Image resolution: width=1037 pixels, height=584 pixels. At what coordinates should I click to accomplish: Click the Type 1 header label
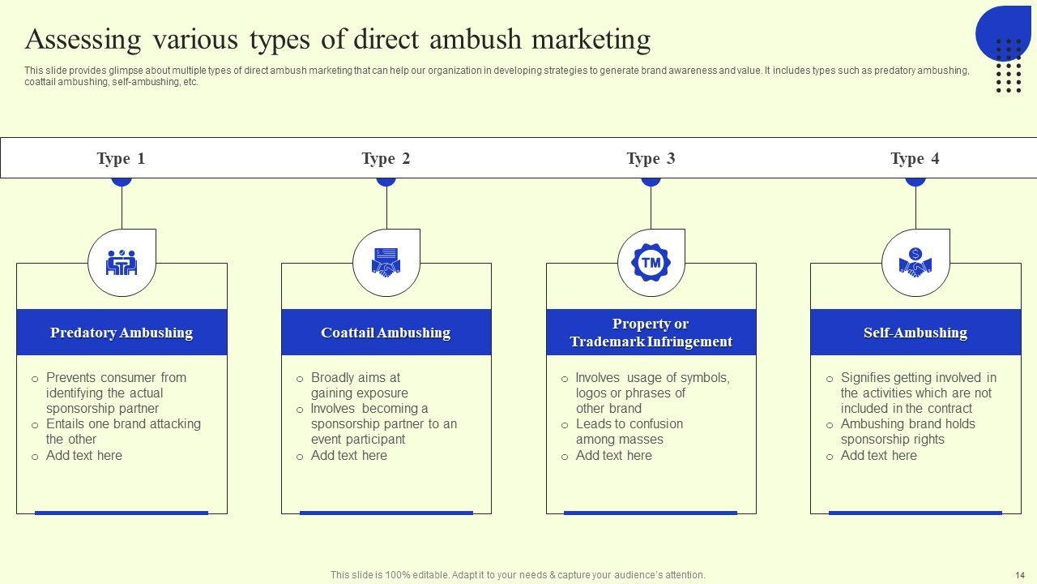pyautogui.click(x=121, y=158)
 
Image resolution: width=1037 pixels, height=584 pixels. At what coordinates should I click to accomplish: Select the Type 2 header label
pyautogui.click(x=386, y=158)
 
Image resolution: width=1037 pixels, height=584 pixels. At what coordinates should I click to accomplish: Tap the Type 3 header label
pyautogui.click(x=651, y=158)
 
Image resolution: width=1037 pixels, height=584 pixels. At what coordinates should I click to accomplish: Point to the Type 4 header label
pyautogui.click(x=915, y=158)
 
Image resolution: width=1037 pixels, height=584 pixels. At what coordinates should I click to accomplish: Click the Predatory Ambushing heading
pyautogui.click(x=122, y=333)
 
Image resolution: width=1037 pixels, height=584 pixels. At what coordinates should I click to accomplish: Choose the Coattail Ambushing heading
pyautogui.click(x=386, y=333)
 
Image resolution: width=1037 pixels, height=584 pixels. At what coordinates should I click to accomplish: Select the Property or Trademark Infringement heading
pyautogui.click(x=651, y=333)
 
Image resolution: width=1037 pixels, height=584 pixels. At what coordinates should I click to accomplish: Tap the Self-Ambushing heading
pyautogui.click(x=915, y=333)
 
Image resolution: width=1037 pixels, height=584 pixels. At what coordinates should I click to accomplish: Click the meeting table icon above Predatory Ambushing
pyautogui.click(x=122, y=263)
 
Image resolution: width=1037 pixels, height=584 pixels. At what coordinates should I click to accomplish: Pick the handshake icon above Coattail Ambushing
pyautogui.click(x=386, y=263)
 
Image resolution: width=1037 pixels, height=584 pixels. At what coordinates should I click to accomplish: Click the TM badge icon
pyautogui.click(x=651, y=263)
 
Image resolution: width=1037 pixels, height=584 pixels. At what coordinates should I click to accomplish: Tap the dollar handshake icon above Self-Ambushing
pyautogui.click(x=915, y=263)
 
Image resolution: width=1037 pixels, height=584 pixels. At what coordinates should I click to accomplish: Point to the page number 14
pyautogui.click(x=1020, y=574)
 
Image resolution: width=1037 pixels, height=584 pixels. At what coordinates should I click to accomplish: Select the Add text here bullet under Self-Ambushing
pyautogui.click(x=878, y=456)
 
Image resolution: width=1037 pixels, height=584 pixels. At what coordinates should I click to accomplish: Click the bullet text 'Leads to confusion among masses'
pyautogui.click(x=629, y=432)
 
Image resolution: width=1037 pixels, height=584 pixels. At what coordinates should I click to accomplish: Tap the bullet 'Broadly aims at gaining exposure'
pyautogui.click(x=359, y=385)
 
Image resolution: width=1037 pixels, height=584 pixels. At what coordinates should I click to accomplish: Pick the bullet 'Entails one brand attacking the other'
pyautogui.click(x=123, y=432)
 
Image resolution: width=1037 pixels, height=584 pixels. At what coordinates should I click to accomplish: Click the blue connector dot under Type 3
pyautogui.click(x=651, y=182)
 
